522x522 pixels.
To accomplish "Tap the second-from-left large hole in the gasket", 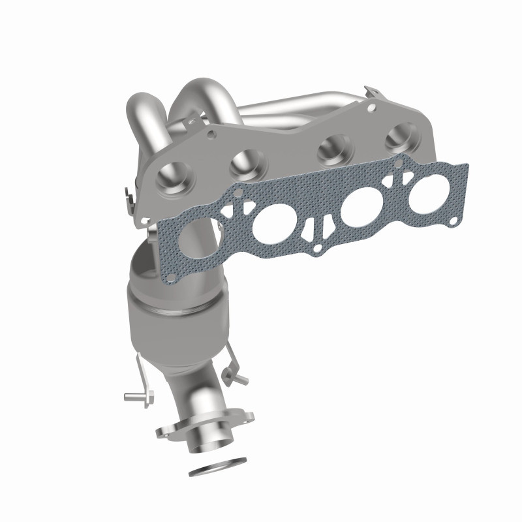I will pos(269,223).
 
